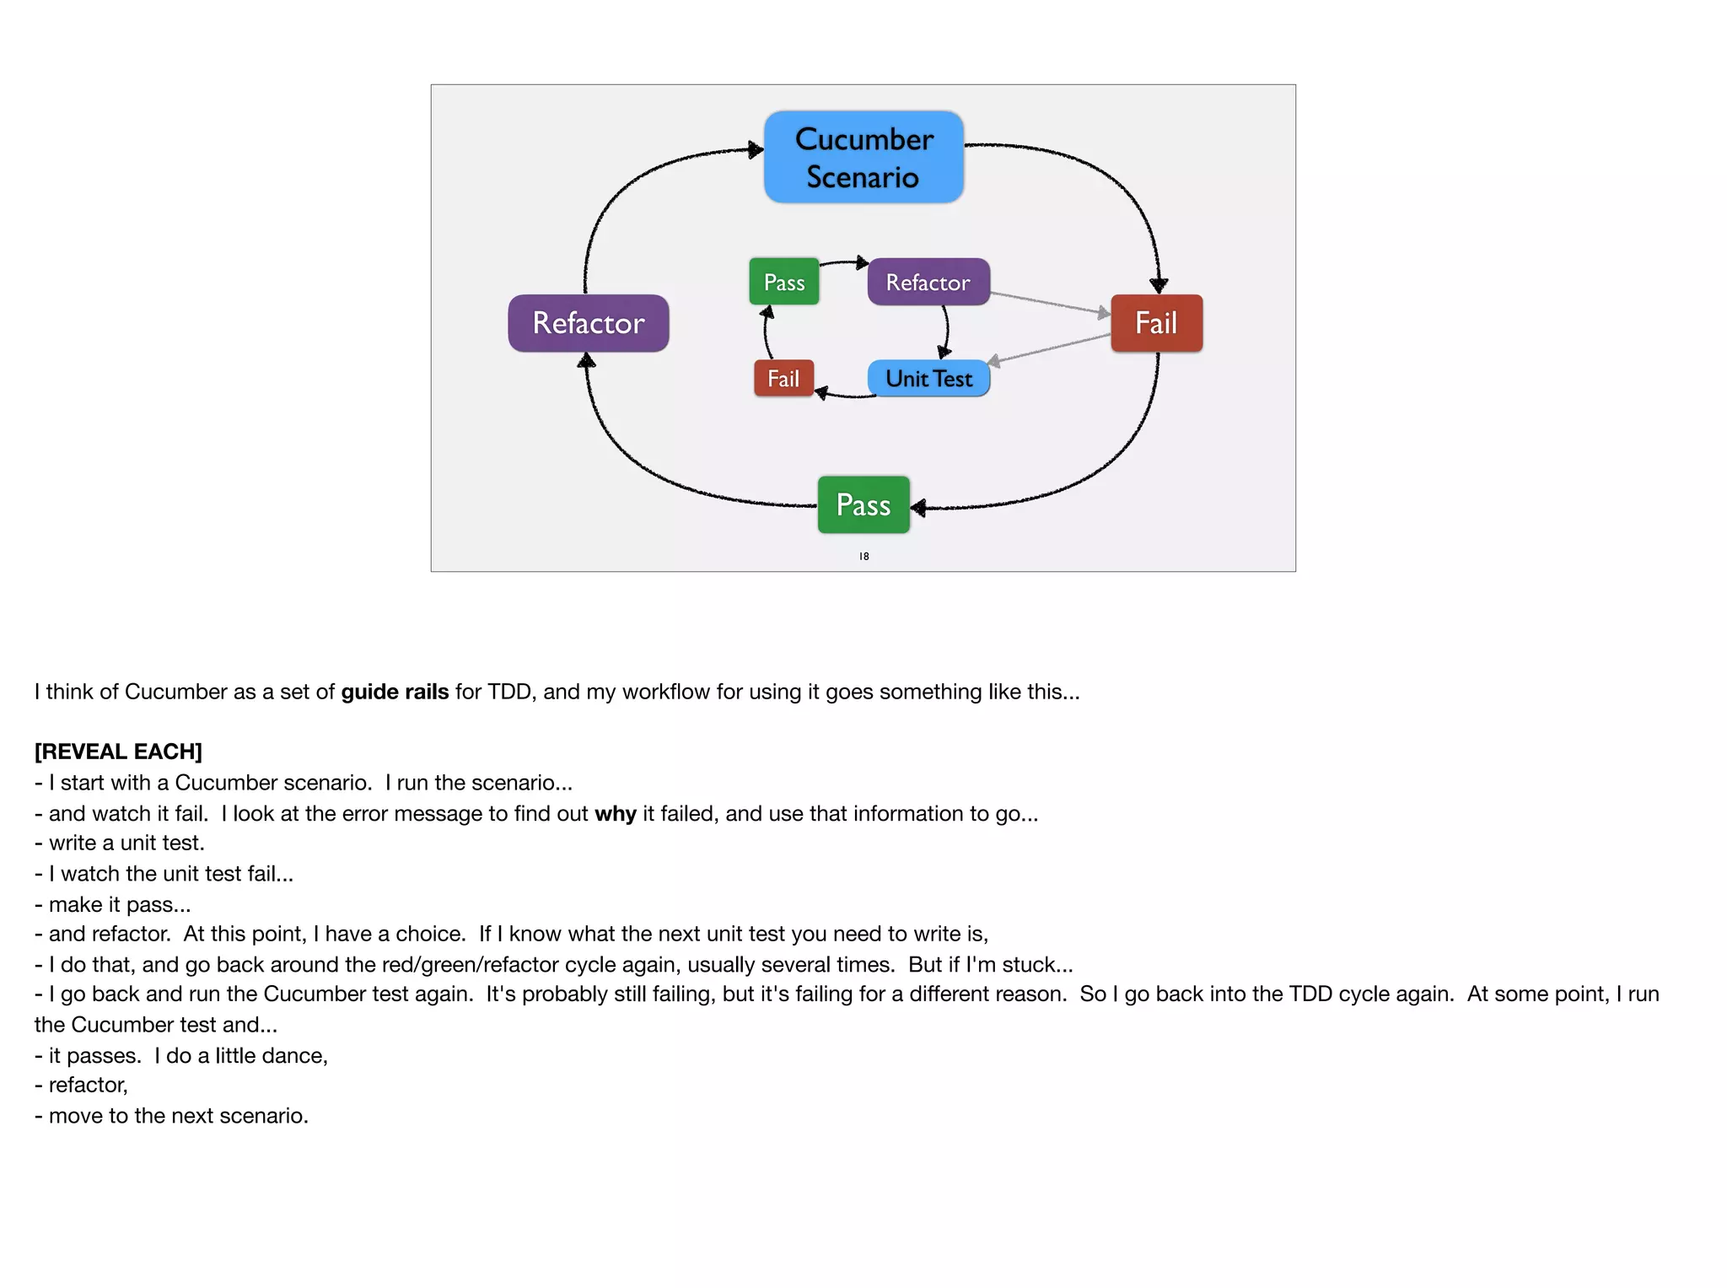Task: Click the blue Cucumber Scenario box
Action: tap(863, 157)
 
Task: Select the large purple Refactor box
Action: tap(588, 323)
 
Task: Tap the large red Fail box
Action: tap(1156, 323)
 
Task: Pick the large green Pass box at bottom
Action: tap(863, 504)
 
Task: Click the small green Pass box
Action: tap(783, 282)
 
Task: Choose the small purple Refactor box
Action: tap(928, 282)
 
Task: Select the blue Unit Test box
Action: tap(928, 379)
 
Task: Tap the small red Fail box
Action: tap(783, 379)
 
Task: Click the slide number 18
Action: tap(863, 557)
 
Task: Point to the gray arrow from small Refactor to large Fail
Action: tap(1050, 304)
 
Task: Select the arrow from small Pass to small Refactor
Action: tap(843, 262)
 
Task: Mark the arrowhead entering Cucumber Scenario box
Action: tap(756, 150)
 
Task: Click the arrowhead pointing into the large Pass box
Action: tap(919, 507)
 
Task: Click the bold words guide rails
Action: tap(395, 692)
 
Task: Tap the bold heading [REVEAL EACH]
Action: tap(118, 752)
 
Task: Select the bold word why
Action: tap(615, 814)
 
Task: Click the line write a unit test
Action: tap(126, 843)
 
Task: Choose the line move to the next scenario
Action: tap(178, 1116)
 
